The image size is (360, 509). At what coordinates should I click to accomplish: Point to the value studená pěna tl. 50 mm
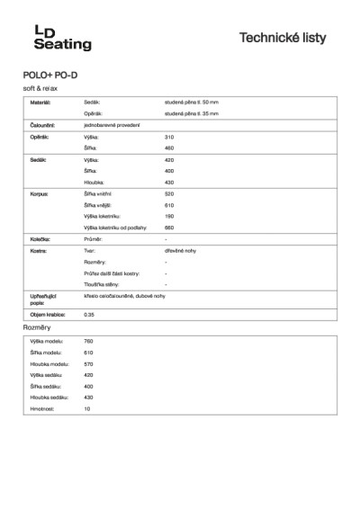(192, 103)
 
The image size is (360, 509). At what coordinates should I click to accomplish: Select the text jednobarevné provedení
(111, 125)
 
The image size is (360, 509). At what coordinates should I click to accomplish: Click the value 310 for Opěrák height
(170, 137)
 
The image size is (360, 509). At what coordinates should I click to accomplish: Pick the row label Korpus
(40, 193)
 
